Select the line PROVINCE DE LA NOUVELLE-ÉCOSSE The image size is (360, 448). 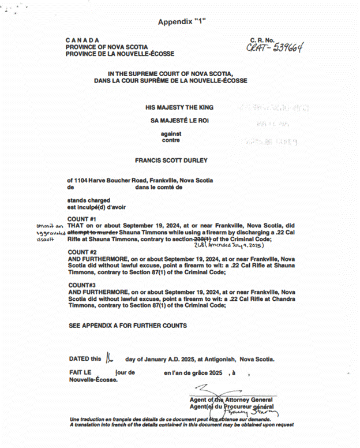coord(119,54)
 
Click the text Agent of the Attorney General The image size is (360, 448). coord(233,400)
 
